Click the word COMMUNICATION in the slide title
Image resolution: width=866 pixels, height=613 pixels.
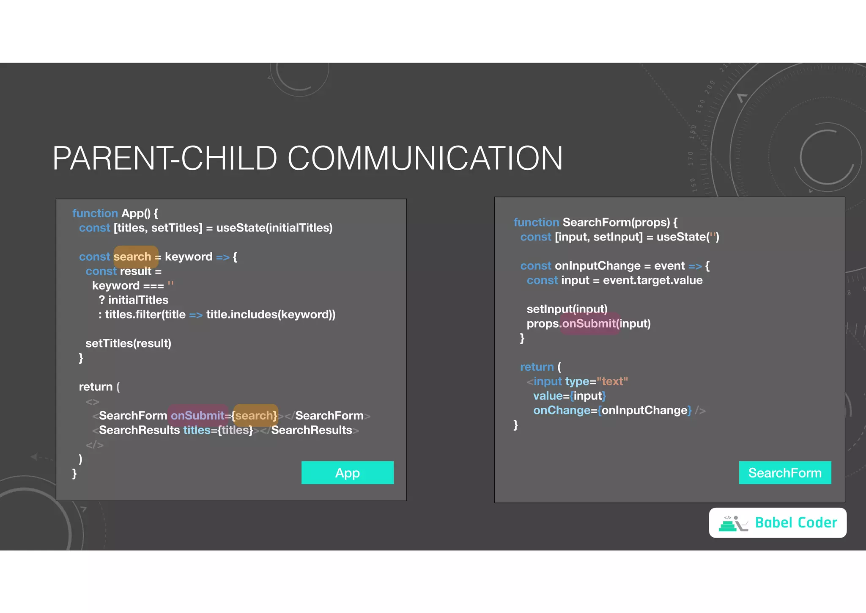click(425, 158)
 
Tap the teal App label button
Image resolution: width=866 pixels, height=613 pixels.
click(347, 473)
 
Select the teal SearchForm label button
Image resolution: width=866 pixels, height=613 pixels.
click(785, 473)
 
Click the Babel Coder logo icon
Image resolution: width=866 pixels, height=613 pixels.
click(733, 524)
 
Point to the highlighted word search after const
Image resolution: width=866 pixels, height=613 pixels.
click(132, 257)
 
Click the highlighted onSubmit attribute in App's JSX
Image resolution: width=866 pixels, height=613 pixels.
click(197, 416)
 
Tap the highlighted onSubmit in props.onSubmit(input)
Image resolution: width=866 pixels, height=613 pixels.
click(589, 324)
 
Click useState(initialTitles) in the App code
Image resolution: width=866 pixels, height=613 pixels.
click(274, 228)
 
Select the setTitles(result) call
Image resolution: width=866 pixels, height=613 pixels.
click(128, 343)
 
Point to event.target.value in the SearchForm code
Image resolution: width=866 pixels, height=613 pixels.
click(652, 280)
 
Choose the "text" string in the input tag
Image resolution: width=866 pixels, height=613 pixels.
click(612, 381)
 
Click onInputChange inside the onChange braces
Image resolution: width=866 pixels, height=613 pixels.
click(644, 410)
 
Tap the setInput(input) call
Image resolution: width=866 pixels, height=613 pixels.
click(567, 309)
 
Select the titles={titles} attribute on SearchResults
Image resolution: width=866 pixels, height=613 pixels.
click(218, 430)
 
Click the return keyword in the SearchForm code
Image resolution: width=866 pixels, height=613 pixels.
click(537, 367)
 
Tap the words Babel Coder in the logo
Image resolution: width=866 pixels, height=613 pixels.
click(796, 523)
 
